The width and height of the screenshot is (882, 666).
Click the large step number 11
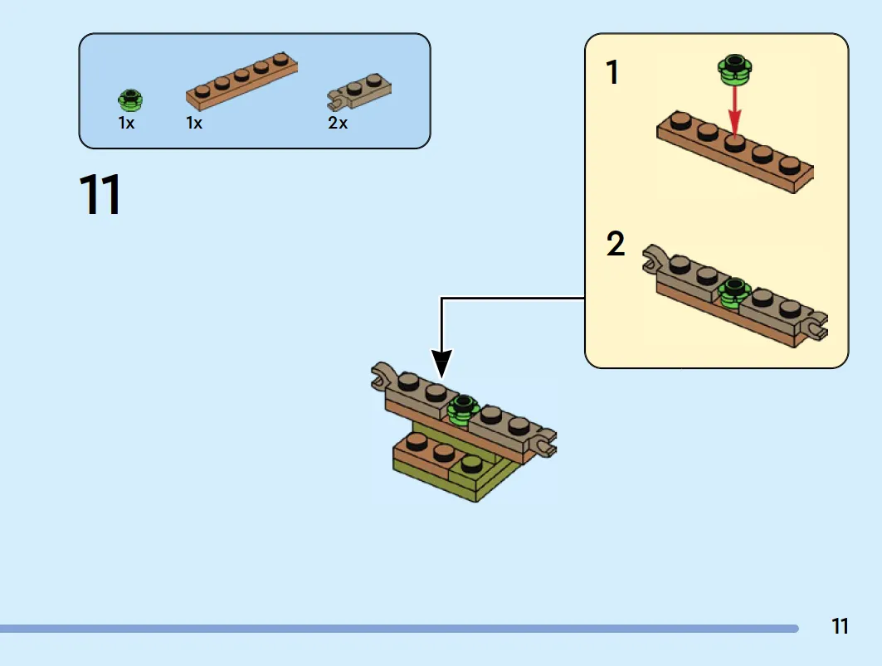(x=100, y=195)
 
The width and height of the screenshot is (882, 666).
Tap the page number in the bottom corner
(x=840, y=626)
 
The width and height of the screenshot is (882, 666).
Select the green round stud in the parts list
(x=130, y=100)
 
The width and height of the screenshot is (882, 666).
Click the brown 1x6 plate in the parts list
(x=242, y=81)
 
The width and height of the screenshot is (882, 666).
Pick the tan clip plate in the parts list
(x=359, y=91)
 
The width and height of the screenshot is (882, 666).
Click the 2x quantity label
(x=338, y=123)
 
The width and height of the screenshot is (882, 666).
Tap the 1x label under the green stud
(x=126, y=123)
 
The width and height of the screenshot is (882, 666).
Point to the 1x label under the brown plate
(x=194, y=123)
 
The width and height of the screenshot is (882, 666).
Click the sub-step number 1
(x=612, y=72)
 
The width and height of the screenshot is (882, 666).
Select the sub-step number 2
(x=616, y=244)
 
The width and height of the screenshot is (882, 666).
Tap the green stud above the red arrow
(x=734, y=70)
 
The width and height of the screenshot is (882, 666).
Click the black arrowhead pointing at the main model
(x=441, y=363)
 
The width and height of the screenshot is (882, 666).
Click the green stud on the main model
(x=462, y=410)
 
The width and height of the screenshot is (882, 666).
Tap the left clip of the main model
(x=383, y=376)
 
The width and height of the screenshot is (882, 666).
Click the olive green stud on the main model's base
(x=471, y=464)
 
